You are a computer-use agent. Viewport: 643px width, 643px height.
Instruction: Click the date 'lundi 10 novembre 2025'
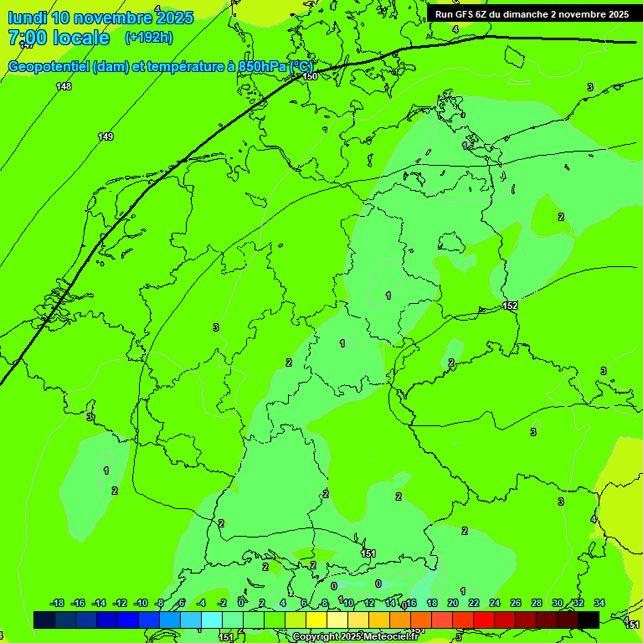point(100,18)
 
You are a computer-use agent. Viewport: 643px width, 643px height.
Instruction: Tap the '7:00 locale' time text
point(59,38)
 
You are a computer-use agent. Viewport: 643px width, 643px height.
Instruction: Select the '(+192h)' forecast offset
point(149,38)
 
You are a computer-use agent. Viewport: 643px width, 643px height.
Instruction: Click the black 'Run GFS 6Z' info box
point(532,14)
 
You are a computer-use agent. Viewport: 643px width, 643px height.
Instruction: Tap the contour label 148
point(64,87)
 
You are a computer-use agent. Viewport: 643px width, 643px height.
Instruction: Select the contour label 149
point(105,136)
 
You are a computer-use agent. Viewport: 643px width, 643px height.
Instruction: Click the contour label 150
point(310,76)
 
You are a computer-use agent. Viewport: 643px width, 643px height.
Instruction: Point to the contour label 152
point(511,306)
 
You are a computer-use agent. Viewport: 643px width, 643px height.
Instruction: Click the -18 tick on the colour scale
point(57,603)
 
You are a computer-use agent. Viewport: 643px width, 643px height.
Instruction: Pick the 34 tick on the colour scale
point(599,603)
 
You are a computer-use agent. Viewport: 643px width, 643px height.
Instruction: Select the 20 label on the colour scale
point(453,603)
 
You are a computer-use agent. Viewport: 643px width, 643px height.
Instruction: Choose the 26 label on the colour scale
point(516,603)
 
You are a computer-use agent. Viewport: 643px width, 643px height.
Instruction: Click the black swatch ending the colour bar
point(589,620)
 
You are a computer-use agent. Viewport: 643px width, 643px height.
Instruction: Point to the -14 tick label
point(99,603)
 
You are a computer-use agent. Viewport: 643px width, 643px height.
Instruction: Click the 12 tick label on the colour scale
point(369,603)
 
